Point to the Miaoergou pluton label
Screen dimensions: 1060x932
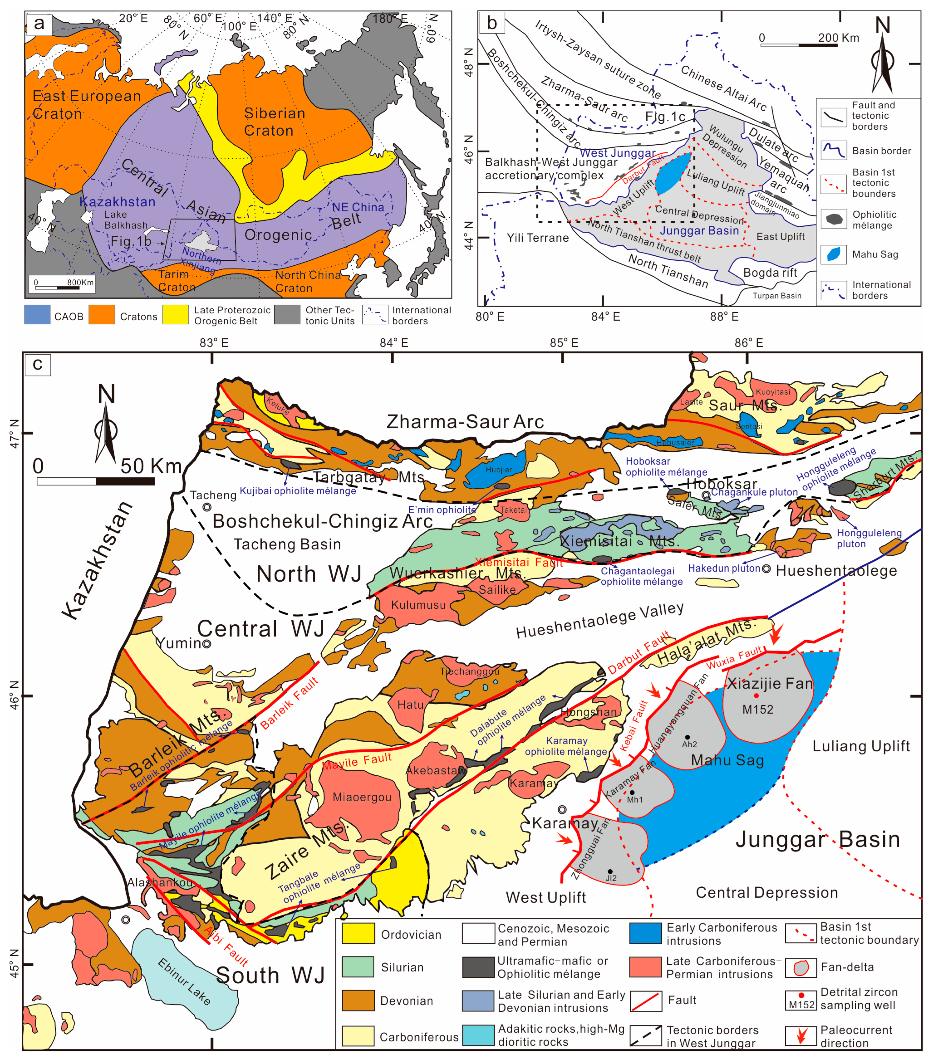point(362,797)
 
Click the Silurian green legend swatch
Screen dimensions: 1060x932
point(358,967)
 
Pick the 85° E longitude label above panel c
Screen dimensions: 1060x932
point(564,343)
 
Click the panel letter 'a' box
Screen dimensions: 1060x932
point(39,23)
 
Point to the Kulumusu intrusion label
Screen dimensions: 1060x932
point(418,605)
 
